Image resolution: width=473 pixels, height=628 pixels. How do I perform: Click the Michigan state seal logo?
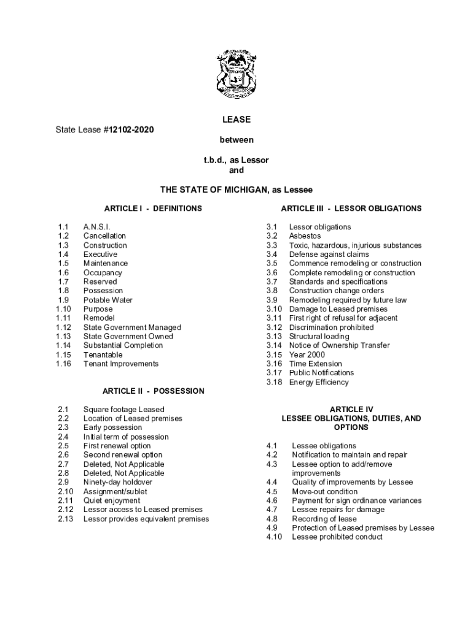click(x=237, y=76)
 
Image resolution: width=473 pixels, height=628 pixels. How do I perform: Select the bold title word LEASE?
click(x=237, y=120)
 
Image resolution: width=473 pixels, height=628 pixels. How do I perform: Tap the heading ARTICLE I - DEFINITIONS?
click(x=152, y=209)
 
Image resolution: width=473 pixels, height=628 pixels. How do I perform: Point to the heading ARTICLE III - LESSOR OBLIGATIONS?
click(x=351, y=209)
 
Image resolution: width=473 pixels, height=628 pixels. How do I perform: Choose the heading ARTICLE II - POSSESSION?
click(x=153, y=391)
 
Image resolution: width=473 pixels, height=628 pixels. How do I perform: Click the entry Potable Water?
click(x=108, y=300)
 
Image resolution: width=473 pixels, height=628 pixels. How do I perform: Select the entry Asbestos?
click(x=305, y=236)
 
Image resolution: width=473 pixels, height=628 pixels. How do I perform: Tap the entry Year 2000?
click(x=307, y=354)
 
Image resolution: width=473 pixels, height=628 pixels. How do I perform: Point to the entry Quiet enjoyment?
click(x=112, y=500)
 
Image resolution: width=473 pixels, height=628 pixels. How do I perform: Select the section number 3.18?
click(x=274, y=382)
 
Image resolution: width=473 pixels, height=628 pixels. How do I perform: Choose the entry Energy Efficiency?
click(x=319, y=382)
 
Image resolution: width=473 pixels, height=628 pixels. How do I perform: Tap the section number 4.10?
click(x=274, y=537)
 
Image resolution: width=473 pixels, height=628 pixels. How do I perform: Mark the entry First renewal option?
click(x=117, y=446)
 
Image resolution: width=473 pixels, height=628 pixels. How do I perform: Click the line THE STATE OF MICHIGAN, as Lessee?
click(x=237, y=190)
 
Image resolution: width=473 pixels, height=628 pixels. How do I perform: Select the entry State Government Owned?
click(x=128, y=336)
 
